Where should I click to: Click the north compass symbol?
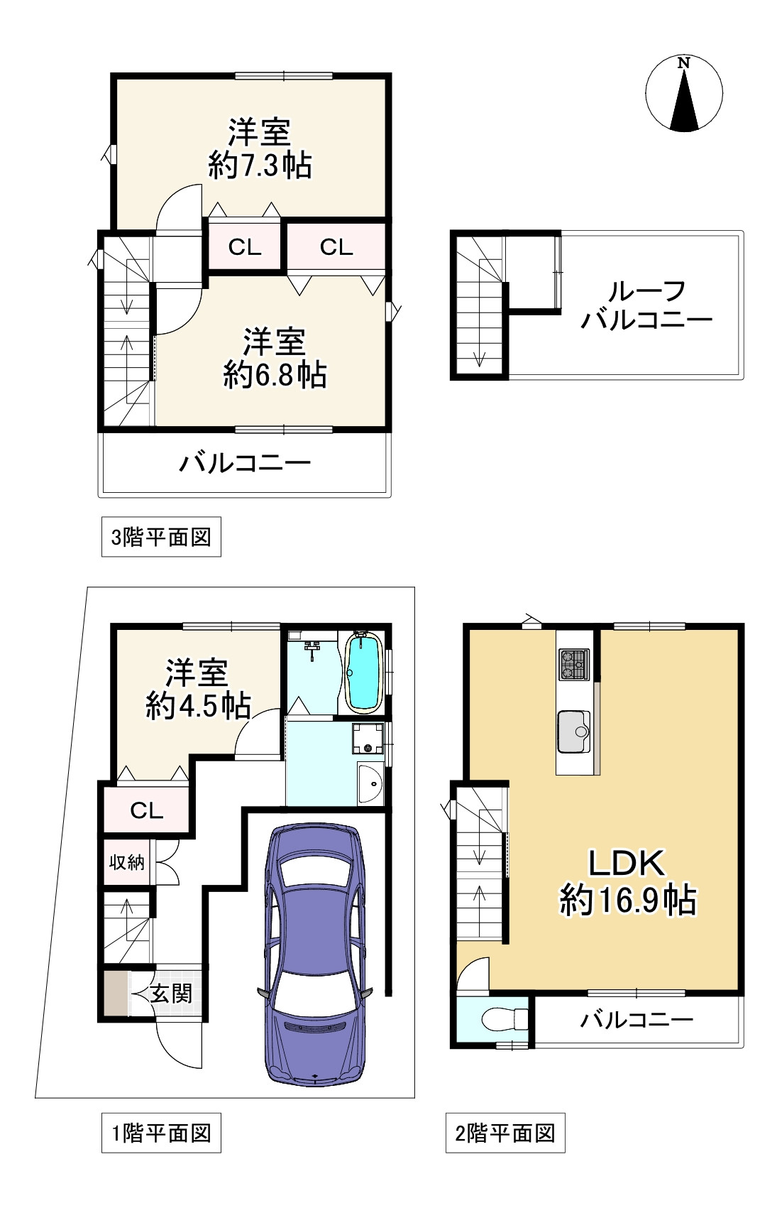[x=684, y=93]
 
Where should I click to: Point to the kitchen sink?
[x=574, y=731]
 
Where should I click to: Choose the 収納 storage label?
[x=126, y=861]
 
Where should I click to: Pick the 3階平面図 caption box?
[x=161, y=537]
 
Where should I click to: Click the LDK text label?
[x=626, y=862]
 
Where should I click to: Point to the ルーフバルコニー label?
[x=646, y=305]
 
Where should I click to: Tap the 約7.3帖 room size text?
[x=260, y=165]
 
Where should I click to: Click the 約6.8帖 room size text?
[x=275, y=374]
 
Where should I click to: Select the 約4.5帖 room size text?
[x=198, y=704]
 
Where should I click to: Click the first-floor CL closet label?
[x=147, y=810]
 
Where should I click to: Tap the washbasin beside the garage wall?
[x=370, y=783]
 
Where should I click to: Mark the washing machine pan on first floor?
[x=368, y=739]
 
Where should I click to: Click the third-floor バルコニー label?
[x=246, y=463]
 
